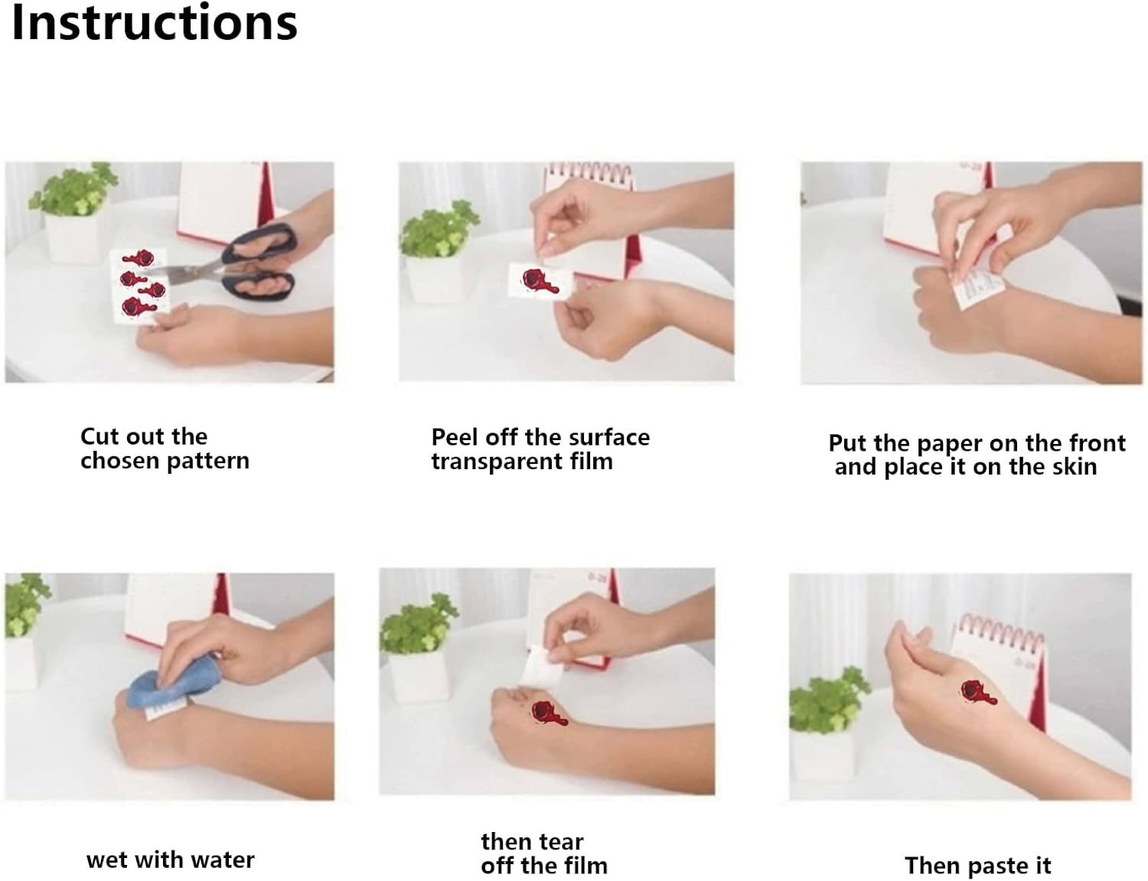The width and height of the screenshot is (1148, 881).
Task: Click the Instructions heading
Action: pyautogui.click(x=155, y=23)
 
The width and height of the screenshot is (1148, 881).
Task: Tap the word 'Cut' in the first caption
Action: pyautogui.click(x=97, y=437)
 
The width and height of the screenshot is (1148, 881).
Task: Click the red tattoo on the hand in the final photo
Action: pyautogui.click(x=978, y=693)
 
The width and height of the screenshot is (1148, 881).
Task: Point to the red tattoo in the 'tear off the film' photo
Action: pyautogui.click(x=549, y=713)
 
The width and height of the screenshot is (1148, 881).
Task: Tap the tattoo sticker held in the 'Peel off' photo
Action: pyautogui.click(x=540, y=280)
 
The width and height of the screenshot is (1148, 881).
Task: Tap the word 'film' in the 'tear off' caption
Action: pyautogui.click(x=585, y=866)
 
